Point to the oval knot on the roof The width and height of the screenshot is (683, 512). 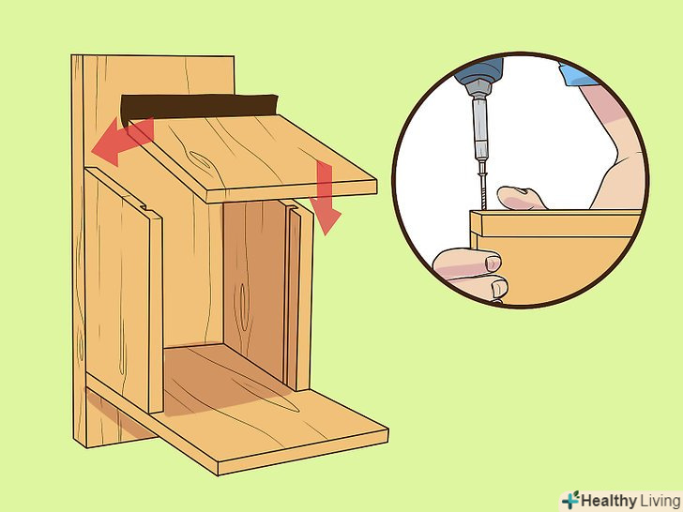(x=200, y=160)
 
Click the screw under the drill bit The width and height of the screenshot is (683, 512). (x=483, y=189)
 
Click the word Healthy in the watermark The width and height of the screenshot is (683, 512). (x=609, y=501)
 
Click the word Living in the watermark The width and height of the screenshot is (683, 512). (x=660, y=501)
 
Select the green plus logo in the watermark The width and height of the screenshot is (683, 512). (x=570, y=500)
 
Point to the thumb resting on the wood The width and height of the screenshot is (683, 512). (x=521, y=198)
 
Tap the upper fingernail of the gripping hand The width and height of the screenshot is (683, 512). (x=493, y=263)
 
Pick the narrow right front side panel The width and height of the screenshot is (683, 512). (x=299, y=296)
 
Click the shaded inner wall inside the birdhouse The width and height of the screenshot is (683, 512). (x=255, y=287)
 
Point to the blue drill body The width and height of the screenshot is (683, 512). (x=478, y=68)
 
